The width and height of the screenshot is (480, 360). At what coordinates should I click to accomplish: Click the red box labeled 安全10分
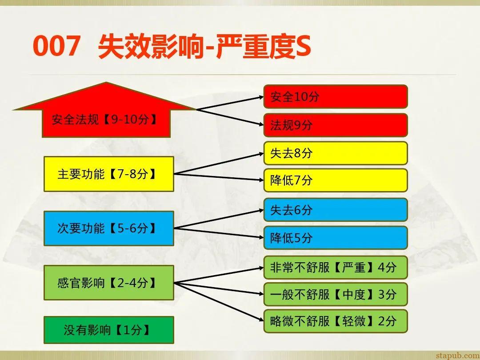336,96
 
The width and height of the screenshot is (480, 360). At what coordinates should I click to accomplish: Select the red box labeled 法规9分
336,125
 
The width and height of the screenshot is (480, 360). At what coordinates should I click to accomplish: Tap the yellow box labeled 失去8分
336,153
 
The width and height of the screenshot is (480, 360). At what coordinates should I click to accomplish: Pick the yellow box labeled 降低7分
336,180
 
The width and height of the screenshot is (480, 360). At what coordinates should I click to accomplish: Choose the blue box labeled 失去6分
336,210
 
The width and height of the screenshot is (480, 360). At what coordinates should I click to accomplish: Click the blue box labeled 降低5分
336,237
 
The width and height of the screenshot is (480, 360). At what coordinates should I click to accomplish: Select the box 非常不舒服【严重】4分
336,267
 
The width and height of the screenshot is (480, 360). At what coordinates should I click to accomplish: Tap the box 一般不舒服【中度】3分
336,294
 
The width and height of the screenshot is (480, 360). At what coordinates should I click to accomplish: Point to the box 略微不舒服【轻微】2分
336,321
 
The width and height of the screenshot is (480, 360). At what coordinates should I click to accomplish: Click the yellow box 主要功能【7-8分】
108,174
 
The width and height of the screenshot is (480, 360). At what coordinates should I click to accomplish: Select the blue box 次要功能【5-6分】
108,228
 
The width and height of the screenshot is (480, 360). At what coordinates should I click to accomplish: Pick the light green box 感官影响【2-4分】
108,283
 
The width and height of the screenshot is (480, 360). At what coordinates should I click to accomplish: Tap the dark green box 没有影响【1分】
108,330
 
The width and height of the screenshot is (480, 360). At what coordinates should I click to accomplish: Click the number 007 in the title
56,47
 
